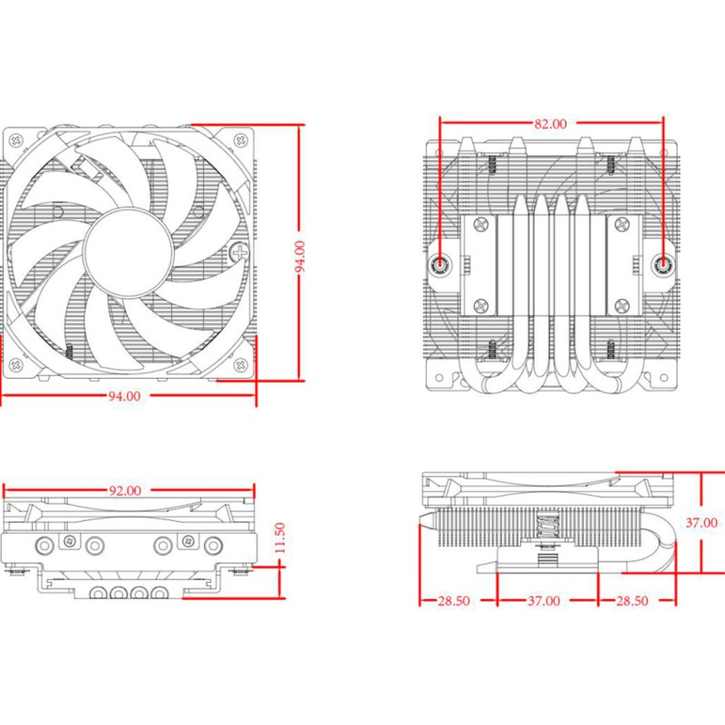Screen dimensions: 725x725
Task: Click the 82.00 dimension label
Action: point(551,123)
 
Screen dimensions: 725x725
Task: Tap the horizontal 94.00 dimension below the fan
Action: point(125,396)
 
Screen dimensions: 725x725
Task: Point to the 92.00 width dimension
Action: point(125,491)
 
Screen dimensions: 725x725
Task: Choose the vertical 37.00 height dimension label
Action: point(701,523)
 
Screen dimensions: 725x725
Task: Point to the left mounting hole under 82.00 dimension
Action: point(440,264)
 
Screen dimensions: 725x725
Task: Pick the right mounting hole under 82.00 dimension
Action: point(663,264)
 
